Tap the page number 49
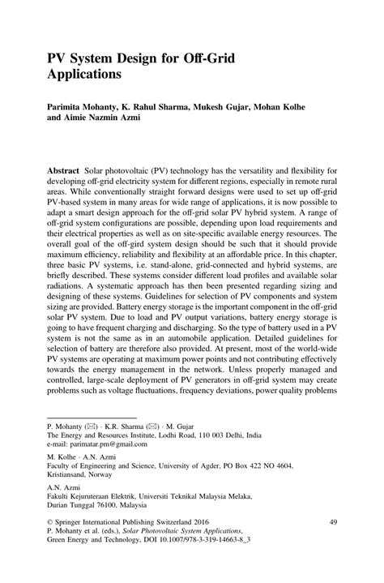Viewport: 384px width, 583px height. [x=332, y=525]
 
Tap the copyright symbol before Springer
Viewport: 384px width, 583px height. [x=50, y=525]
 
